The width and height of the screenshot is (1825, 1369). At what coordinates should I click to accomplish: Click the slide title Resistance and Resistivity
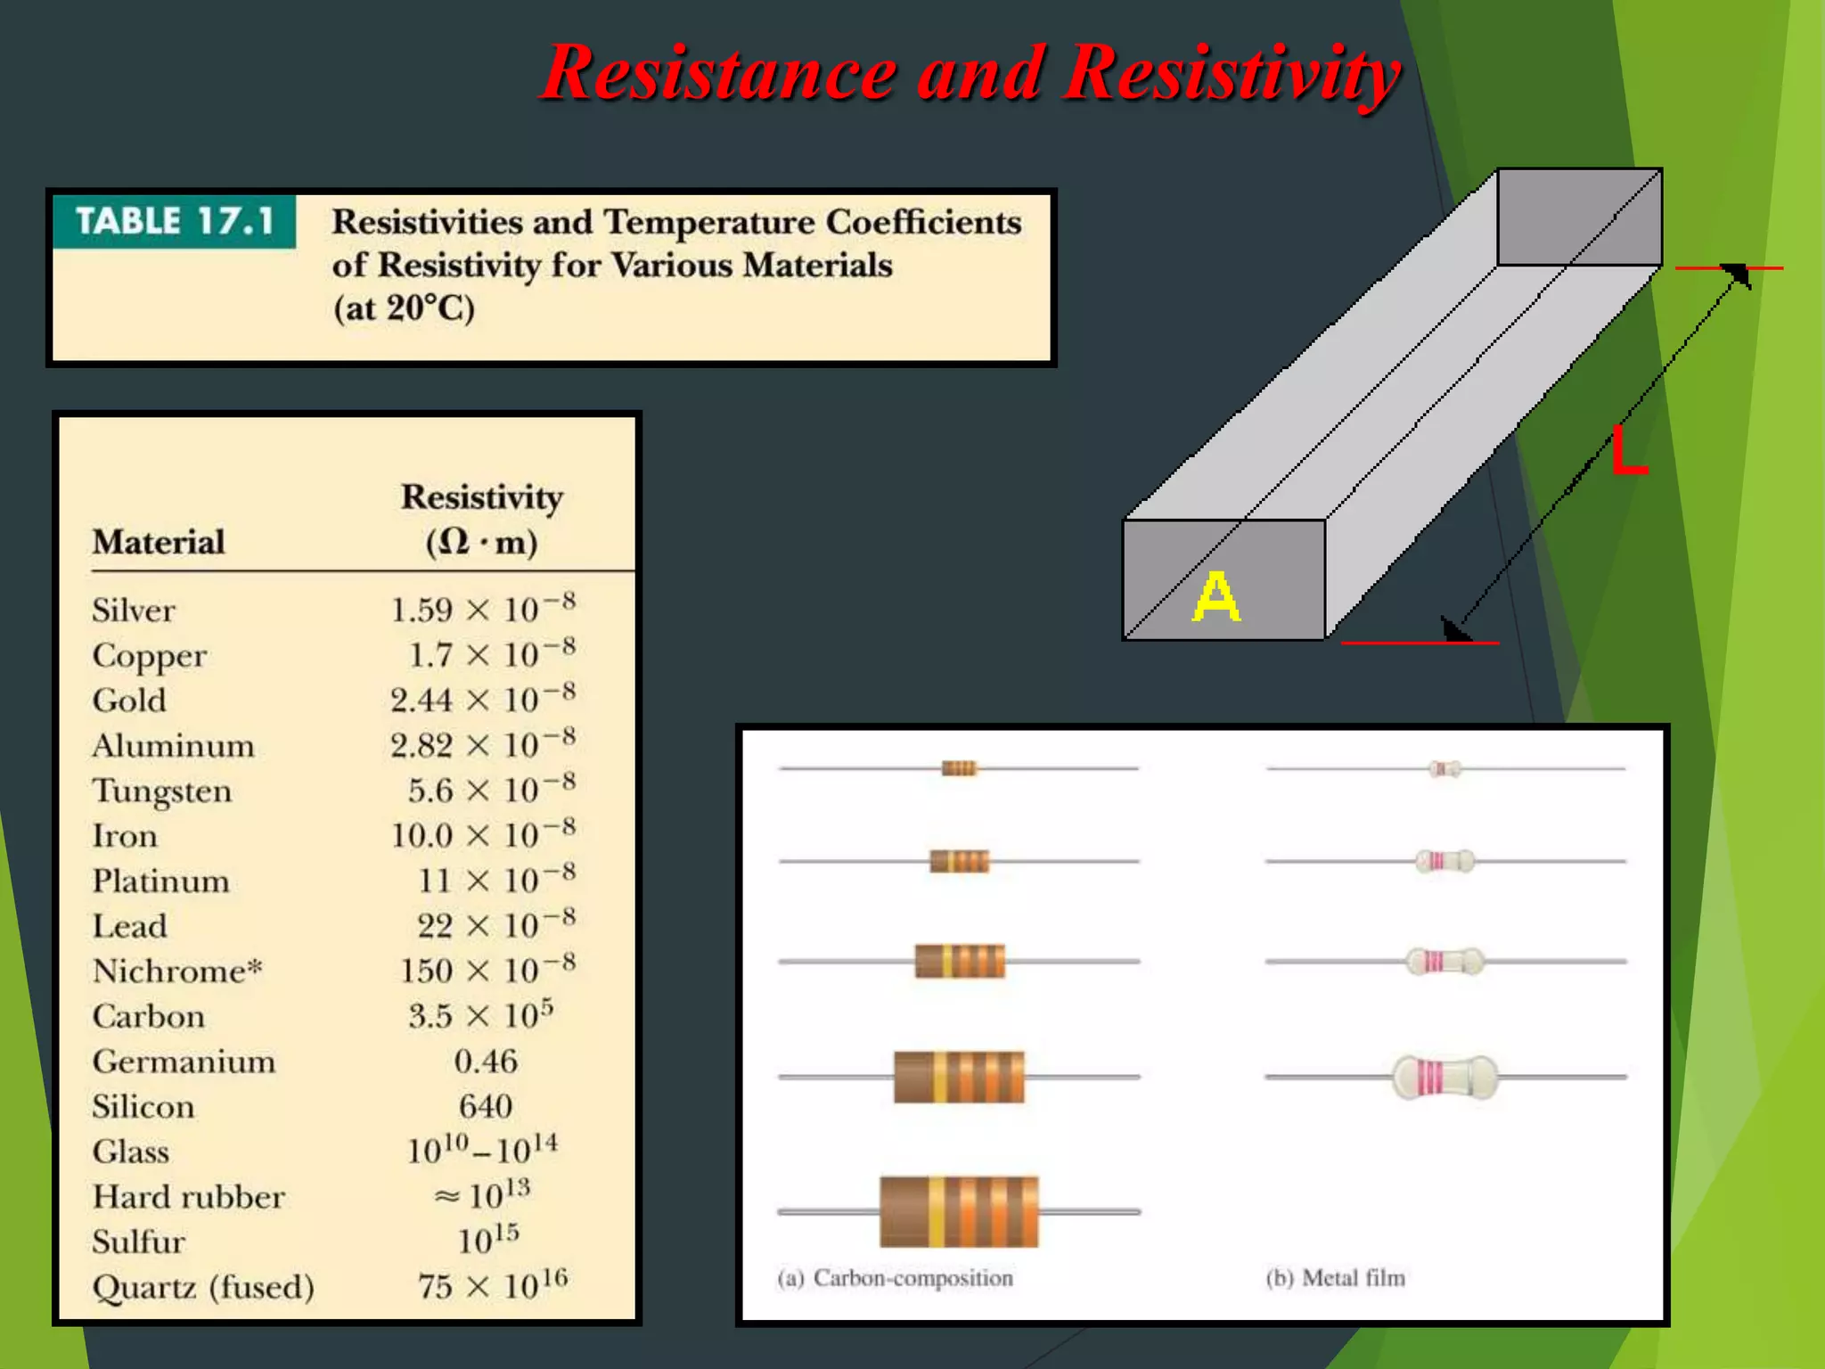(x=971, y=73)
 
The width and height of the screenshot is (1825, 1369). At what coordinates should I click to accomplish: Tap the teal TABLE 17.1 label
(x=175, y=221)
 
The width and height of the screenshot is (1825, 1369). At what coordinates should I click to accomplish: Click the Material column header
(x=159, y=542)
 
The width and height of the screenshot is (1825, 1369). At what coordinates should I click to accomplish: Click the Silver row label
(x=134, y=611)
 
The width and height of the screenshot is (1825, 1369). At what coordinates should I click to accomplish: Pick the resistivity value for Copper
(x=491, y=655)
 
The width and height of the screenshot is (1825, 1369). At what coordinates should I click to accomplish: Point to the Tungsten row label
(x=162, y=791)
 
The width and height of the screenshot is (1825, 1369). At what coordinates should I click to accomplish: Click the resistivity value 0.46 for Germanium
(x=486, y=1062)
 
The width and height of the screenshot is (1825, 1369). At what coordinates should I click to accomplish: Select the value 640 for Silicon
(x=486, y=1107)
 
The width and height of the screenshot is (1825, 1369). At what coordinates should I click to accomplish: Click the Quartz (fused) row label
(x=203, y=1287)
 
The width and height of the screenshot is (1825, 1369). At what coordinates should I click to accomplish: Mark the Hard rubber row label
(x=189, y=1197)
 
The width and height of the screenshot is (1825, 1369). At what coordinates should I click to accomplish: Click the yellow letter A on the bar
(x=1215, y=596)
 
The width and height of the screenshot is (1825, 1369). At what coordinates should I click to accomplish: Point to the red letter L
(x=1629, y=451)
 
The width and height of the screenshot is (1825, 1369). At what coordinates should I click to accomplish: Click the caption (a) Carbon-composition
(x=896, y=1278)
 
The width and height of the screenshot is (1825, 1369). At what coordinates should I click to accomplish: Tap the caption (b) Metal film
(x=1336, y=1278)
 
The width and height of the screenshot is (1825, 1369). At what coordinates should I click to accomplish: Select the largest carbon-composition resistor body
(x=959, y=1211)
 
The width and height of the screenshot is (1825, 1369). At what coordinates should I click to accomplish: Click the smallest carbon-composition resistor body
(x=959, y=768)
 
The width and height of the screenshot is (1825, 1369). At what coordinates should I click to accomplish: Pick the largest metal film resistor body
(x=1444, y=1077)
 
